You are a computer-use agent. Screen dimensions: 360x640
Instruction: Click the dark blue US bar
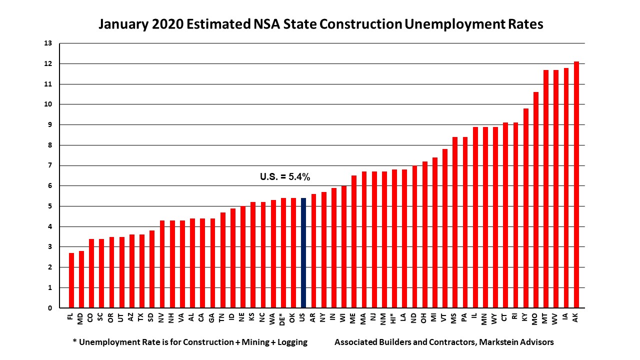(303, 253)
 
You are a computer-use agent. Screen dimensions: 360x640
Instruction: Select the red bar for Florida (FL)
(71, 280)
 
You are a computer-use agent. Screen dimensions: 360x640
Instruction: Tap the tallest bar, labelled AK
(576, 185)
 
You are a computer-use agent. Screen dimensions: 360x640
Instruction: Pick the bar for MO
(535, 200)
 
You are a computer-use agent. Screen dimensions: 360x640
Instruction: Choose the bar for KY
(525, 208)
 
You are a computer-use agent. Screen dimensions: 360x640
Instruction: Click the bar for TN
(222, 260)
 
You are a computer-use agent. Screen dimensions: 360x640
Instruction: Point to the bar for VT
(444, 228)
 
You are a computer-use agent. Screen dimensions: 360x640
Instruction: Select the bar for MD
(81, 279)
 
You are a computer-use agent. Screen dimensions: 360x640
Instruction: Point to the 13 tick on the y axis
(48, 43)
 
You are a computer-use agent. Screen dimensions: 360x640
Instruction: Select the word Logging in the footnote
(289, 342)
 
